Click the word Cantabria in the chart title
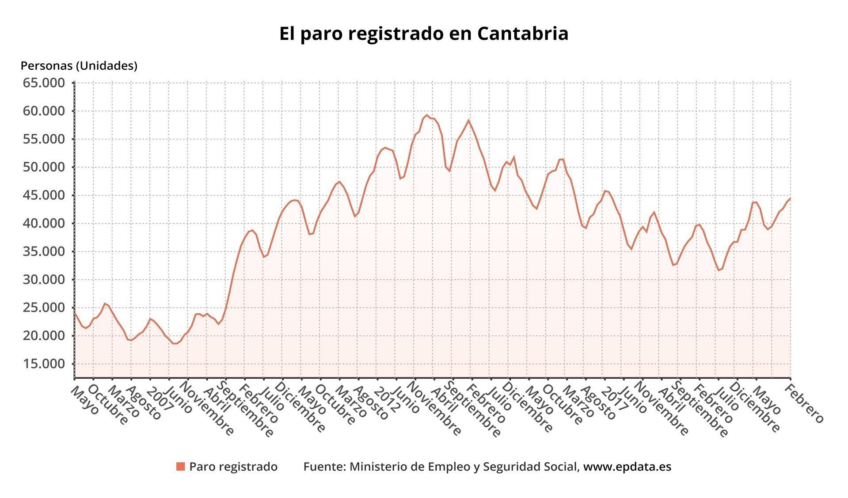pyautogui.click(x=522, y=34)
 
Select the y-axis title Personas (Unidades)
pyautogui.click(x=79, y=66)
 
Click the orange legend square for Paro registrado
pyautogui.click(x=180, y=467)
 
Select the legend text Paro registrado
pyautogui.click(x=233, y=467)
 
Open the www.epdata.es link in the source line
pyautogui.click(x=627, y=467)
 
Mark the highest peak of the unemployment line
pyautogui.click(x=427, y=115)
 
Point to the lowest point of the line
pyautogui.click(x=175, y=343)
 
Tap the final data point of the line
pyautogui.click(x=790, y=199)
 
